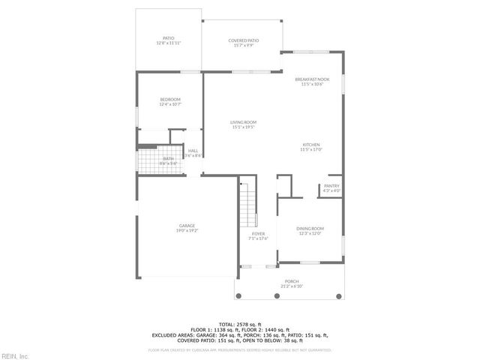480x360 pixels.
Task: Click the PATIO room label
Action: [169, 38]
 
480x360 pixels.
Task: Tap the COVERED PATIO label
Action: [244, 40]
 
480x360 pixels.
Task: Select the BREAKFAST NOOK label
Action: [311, 79]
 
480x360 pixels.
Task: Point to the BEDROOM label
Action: [170, 100]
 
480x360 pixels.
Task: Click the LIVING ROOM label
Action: [244, 122]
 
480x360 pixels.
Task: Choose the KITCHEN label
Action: [311, 145]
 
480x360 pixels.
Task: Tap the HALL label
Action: [193, 151]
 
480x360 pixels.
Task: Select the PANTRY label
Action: [331, 186]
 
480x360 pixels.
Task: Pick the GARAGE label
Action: [187, 226]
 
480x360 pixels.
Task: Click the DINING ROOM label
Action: [310, 229]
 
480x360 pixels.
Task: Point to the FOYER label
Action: [259, 234]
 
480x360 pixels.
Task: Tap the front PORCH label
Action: [291, 282]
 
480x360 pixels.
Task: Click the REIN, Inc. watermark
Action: [14, 355]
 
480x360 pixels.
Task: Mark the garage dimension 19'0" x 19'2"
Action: [187, 231]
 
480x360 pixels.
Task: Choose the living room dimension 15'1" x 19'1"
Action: [244, 127]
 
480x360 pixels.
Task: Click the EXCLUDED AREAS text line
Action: [239, 334]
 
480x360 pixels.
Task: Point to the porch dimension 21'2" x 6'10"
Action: [291, 286]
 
